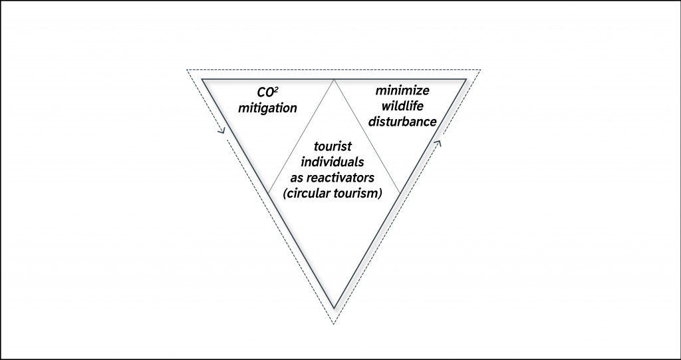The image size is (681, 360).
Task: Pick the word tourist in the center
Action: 335,149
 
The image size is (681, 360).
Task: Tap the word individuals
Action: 335,164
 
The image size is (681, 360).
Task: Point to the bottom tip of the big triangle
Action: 335,308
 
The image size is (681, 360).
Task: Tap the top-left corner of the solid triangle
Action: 203,80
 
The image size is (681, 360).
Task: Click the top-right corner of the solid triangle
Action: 466,80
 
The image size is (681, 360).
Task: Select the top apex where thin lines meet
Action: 335,80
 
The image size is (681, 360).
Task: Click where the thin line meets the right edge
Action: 400,193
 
